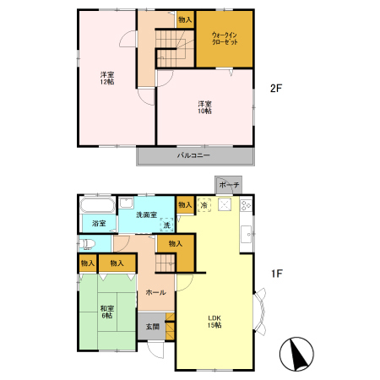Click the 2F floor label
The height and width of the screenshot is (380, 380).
[276, 89]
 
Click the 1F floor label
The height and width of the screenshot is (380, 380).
[277, 274]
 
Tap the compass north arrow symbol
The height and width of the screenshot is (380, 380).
[296, 354]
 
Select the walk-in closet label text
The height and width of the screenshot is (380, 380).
[225, 39]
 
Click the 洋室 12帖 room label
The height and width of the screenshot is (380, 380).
[107, 79]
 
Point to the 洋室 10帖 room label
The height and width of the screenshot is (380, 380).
[204, 107]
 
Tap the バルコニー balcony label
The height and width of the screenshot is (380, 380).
[193, 155]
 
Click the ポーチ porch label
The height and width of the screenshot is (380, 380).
[229, 185]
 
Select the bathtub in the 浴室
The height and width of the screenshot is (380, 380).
[97, 205]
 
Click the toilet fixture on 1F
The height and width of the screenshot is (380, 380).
[87, 244]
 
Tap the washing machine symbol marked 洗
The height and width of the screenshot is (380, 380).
[167, 225]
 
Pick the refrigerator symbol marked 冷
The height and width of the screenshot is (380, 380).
[204, 205]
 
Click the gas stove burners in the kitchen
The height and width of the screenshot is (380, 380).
[246, 205]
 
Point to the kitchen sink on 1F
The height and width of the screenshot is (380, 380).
[246, 234]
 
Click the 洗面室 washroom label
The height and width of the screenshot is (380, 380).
[146, 214]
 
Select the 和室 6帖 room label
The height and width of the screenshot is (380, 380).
[107, 312]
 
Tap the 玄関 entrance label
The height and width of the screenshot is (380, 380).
[153, 327]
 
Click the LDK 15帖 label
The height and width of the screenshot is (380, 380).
[214, 322]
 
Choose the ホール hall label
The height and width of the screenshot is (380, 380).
[156, 292]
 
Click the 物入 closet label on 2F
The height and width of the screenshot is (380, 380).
[185, 19]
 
